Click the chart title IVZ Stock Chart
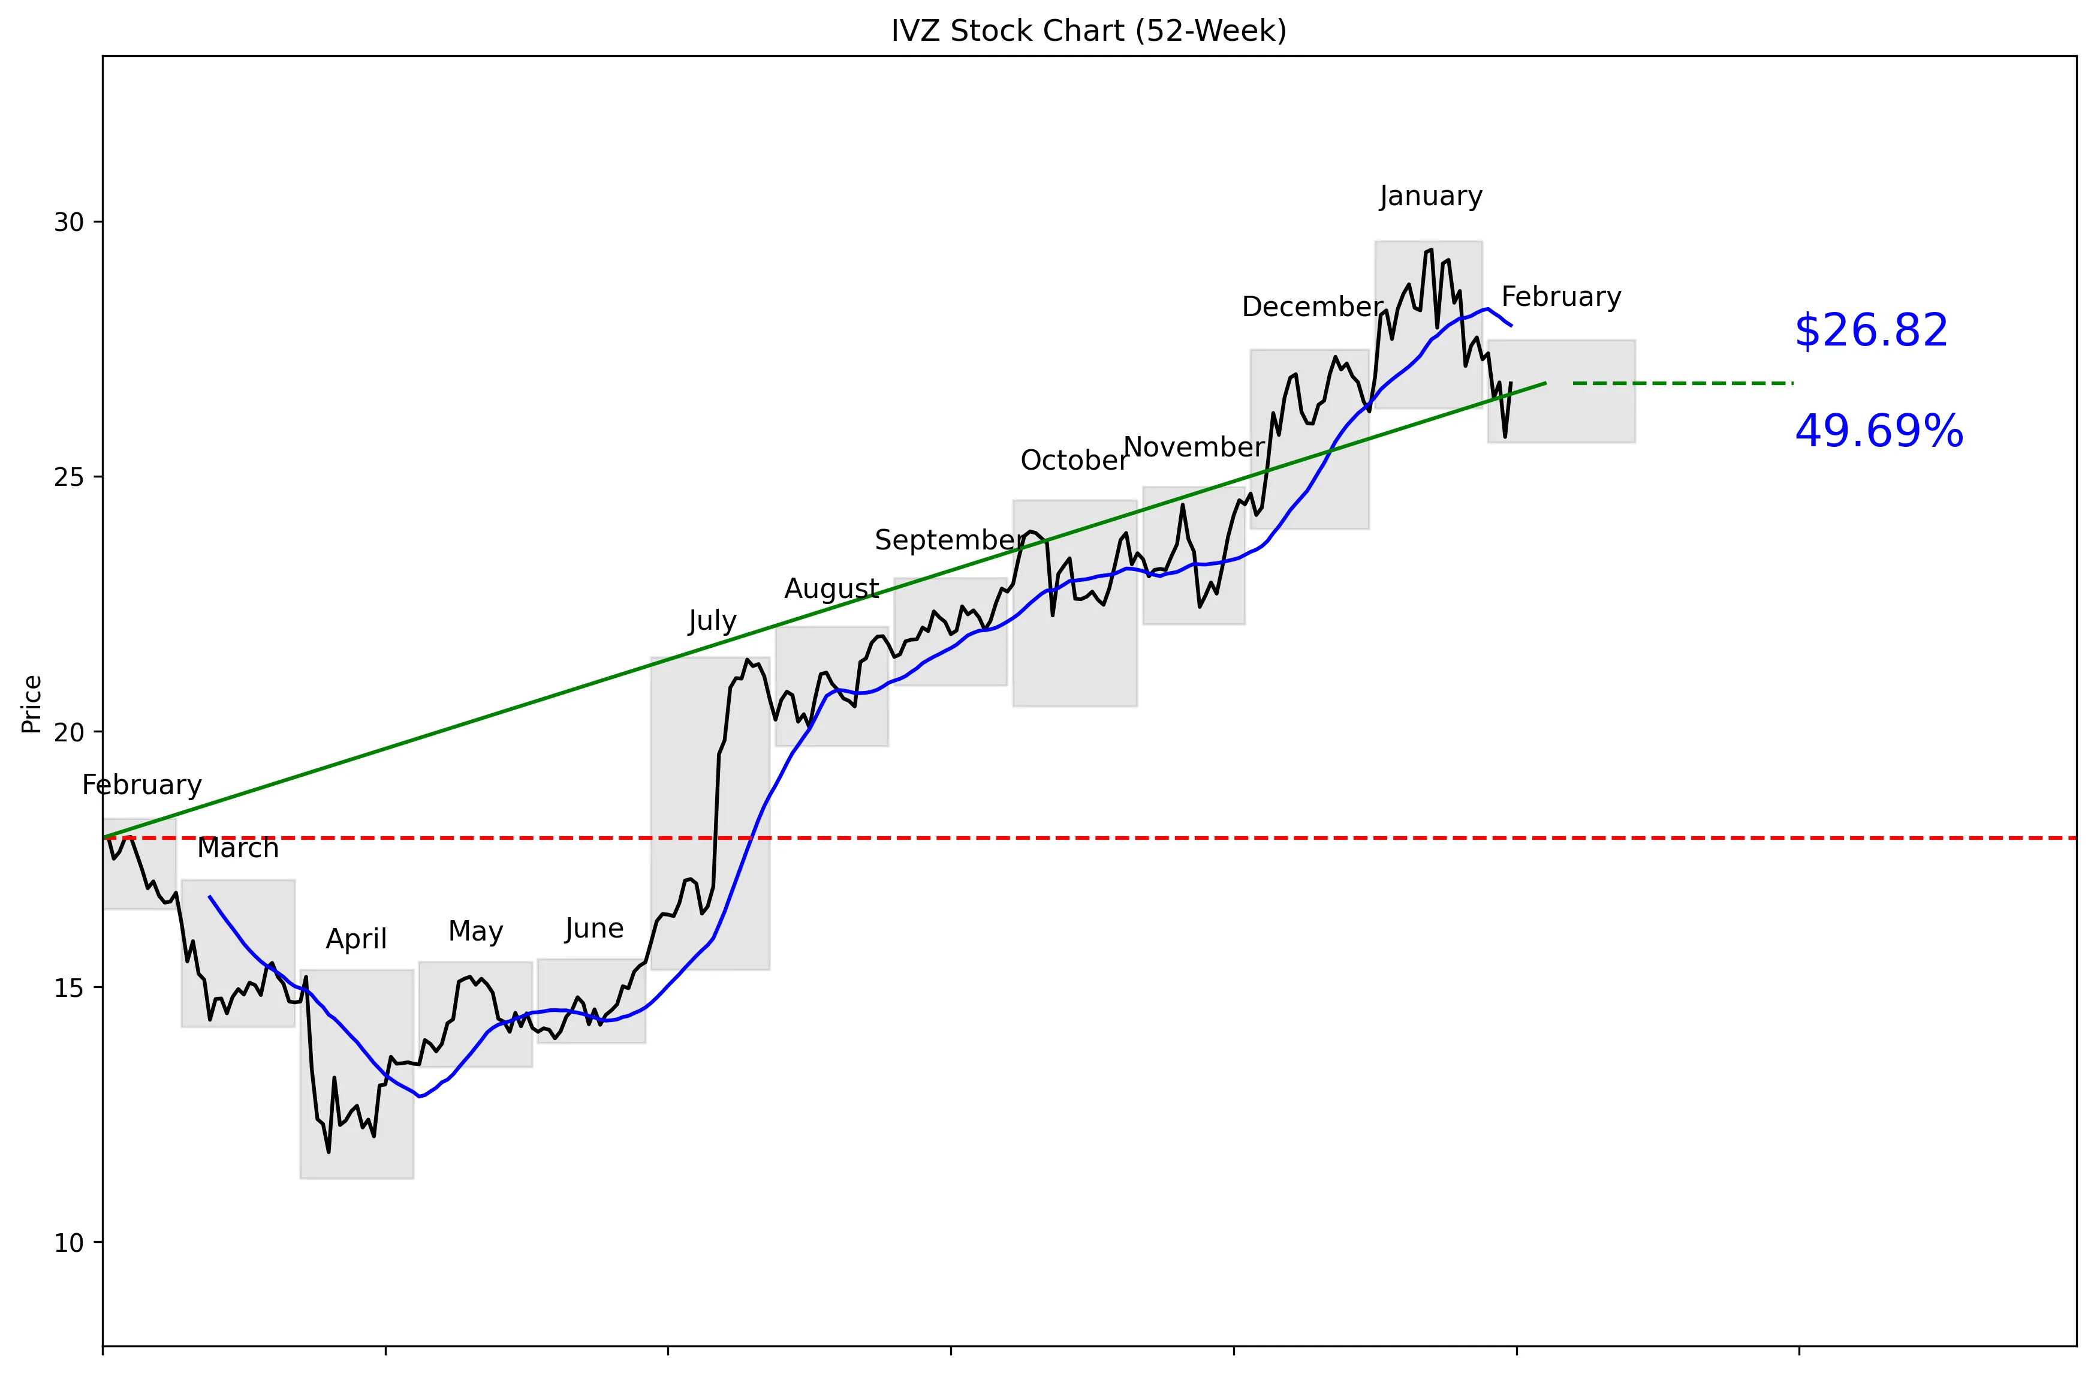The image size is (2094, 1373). point(1088,31)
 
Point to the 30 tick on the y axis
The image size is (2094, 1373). point(68,222)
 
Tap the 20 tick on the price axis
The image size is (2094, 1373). point(68,732)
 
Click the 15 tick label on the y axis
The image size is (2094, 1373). point(68,987)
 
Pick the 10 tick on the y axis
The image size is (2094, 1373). point(68,1243)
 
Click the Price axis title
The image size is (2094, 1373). point(32,704)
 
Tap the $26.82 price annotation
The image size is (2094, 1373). point(1870,331)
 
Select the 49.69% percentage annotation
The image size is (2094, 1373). point(1878,432)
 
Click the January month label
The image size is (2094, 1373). point(1430,196)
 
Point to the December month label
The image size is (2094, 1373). point(1312,307)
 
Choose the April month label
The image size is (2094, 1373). point(355,939)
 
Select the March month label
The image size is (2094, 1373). point(237,848)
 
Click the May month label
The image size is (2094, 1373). point(475,931)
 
